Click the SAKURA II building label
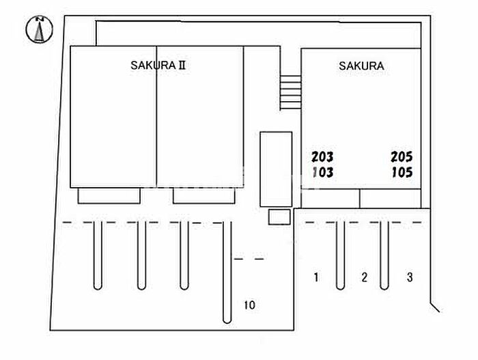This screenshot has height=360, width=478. pos(158,66)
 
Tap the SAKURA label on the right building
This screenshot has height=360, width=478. pos(361,66)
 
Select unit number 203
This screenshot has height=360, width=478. pos(322,156)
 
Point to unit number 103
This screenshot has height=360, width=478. pos(322,172)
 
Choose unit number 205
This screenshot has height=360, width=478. pos(402,156)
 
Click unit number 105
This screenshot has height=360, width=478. pos(402,172)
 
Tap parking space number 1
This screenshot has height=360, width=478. pos(316,277)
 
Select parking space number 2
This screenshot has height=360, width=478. pos(364,277)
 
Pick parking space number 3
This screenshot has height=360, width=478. pos(410,277)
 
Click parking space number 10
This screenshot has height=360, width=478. pos(249,305)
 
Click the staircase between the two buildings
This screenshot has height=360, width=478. pos(290,92)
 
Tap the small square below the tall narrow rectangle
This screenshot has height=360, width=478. pos(279,217)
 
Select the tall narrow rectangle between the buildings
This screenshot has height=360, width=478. pos(276,169)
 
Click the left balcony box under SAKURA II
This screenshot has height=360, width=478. pos(109,196)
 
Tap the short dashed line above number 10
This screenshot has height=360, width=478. pos(249,259)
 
